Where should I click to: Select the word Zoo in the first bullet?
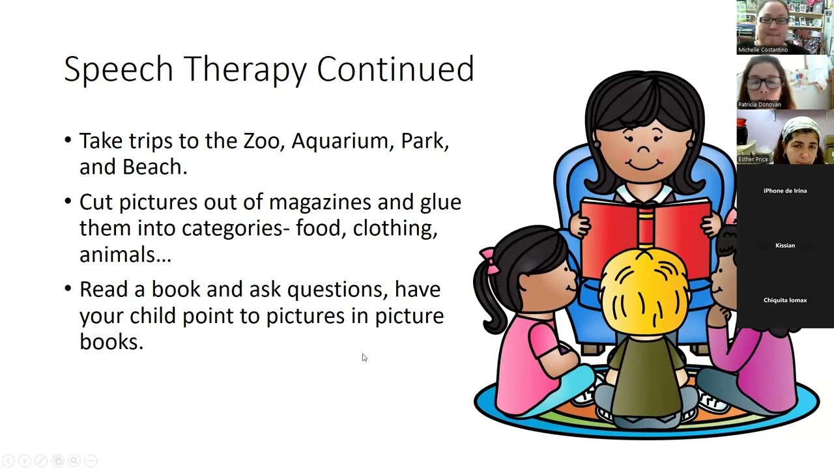[258, 141]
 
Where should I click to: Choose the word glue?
[440, 203]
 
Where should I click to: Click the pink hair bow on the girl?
[489, 260]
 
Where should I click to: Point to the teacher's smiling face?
[644, 147]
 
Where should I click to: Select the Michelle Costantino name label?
[762, 50]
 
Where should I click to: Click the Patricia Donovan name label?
[759, 104]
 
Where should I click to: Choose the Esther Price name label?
[753, 159]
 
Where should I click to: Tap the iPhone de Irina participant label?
[784, 191]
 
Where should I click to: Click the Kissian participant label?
[784, 246]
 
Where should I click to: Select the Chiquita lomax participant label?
[784, 300]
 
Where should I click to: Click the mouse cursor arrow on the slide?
[364, 357]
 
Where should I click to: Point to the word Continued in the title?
[395, 69]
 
